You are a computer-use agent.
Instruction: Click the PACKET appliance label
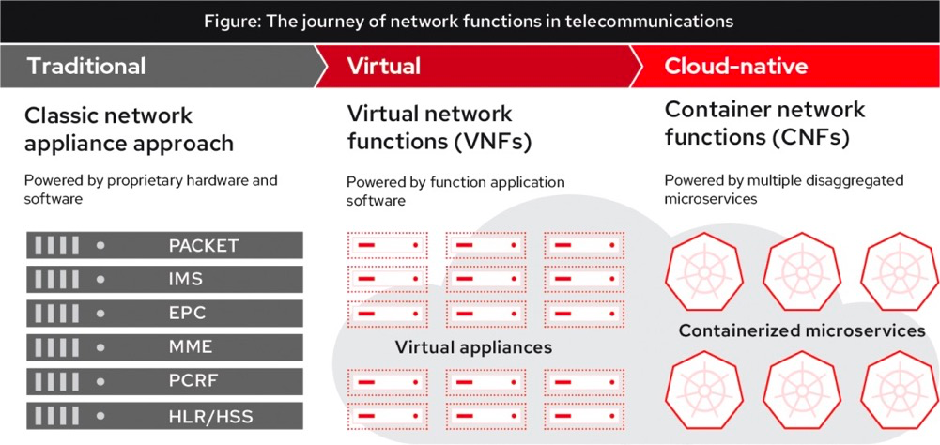point(204,246)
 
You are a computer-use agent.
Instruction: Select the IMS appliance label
point(186,279)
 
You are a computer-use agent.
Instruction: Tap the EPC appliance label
point(187,313)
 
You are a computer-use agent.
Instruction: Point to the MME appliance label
point(191,346)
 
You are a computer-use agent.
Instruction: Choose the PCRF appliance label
point(193,380)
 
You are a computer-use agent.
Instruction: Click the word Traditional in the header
point(86,67)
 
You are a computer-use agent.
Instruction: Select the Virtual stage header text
point(383,67)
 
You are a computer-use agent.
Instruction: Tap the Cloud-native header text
point(735,67)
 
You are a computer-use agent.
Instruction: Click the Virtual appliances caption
point(473,347)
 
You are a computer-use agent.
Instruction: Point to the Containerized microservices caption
point(802,330)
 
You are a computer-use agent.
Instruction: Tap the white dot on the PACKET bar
point(101,246)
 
